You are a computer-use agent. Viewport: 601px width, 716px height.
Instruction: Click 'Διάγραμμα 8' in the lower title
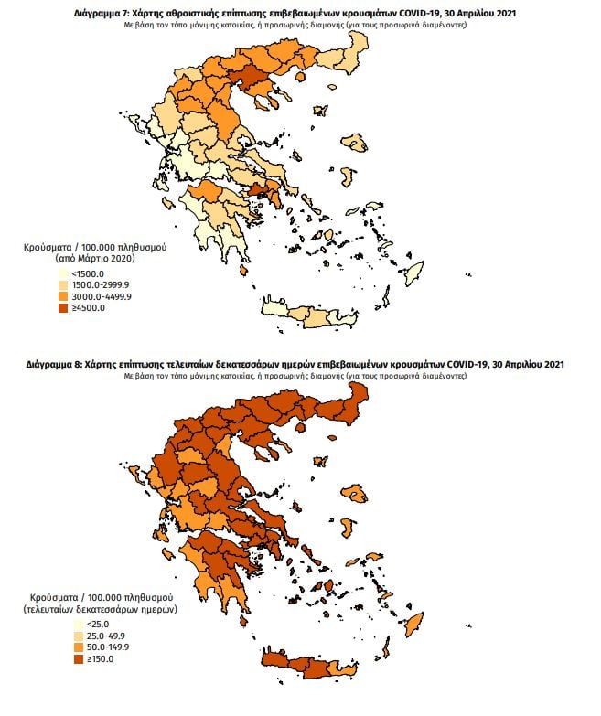[x=57, y=365]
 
